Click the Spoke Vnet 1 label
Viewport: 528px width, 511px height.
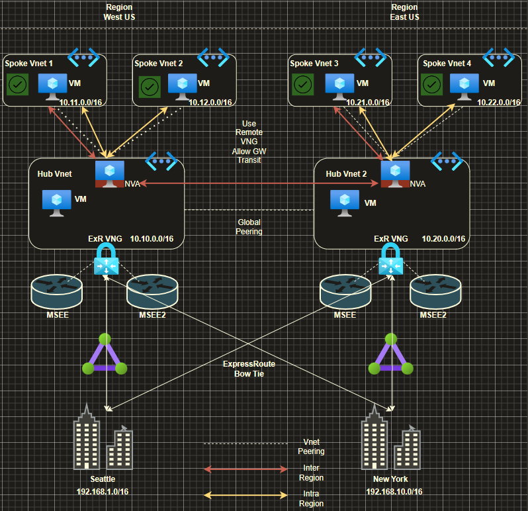28,64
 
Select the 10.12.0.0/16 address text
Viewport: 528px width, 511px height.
210,103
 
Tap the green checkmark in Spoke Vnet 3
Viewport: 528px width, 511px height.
303,85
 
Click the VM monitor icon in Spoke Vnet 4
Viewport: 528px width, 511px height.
464,87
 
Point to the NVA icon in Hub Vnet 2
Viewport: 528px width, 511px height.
395,174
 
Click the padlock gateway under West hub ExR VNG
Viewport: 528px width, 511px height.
107,259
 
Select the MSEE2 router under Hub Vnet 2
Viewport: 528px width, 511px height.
435,291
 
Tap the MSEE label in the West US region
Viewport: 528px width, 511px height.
58,315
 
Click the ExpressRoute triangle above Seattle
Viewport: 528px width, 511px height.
105,354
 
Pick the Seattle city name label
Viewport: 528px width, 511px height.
103,479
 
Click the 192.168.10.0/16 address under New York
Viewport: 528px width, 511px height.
394,492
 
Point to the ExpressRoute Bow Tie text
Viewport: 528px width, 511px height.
249,369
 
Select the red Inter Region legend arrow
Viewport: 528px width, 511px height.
246,469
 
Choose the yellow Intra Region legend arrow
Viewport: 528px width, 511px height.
246,495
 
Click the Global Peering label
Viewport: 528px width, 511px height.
249,226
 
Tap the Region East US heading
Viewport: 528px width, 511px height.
405,12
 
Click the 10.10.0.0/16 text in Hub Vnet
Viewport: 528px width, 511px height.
152,239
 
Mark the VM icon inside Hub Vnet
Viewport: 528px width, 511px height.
57,203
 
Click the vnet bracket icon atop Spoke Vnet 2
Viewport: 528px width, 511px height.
213,58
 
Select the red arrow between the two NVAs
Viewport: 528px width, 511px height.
259,183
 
